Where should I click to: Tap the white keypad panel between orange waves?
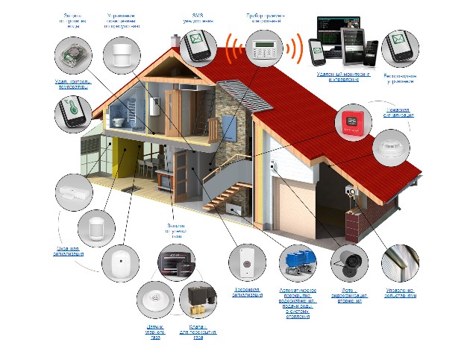(x=260, y=51)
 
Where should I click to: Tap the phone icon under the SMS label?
(x=197, y=46)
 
